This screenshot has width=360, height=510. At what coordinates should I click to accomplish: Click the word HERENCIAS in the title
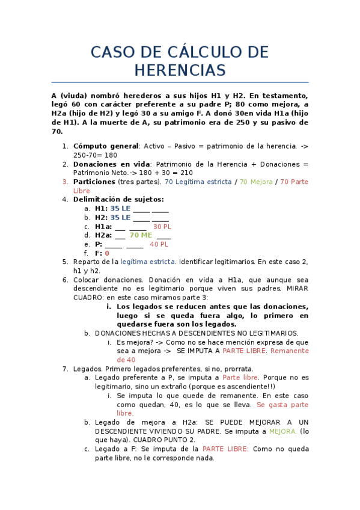(x=180, y=70)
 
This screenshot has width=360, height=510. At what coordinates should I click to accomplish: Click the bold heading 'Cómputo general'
(x=106, y=146)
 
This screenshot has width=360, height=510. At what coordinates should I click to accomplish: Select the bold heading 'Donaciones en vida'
(x=111, y=164)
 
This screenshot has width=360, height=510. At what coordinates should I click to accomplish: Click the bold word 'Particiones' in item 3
(x=94, y=182)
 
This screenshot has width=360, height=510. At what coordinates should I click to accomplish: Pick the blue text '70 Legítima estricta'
(x=198, y=182)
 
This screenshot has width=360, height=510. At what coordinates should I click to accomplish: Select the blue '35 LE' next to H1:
(x=120, y=208)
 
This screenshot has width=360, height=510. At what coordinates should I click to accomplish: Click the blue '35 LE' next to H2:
(x=120, y=217)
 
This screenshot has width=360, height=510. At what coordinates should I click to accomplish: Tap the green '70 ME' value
(x=141, y=235)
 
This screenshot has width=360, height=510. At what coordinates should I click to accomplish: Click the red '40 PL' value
(x=159, y=244)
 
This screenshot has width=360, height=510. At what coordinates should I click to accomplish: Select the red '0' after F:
(x=107, y=253)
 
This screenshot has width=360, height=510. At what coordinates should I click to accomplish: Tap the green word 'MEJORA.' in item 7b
(x=282, y=431)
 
